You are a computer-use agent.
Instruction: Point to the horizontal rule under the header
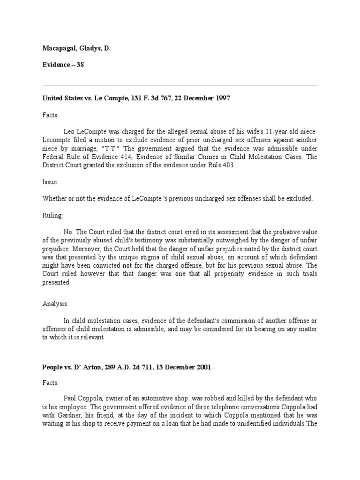[180, 85]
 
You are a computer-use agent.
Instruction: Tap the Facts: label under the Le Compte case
[51, 114]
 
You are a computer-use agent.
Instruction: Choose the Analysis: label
[55, 303]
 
